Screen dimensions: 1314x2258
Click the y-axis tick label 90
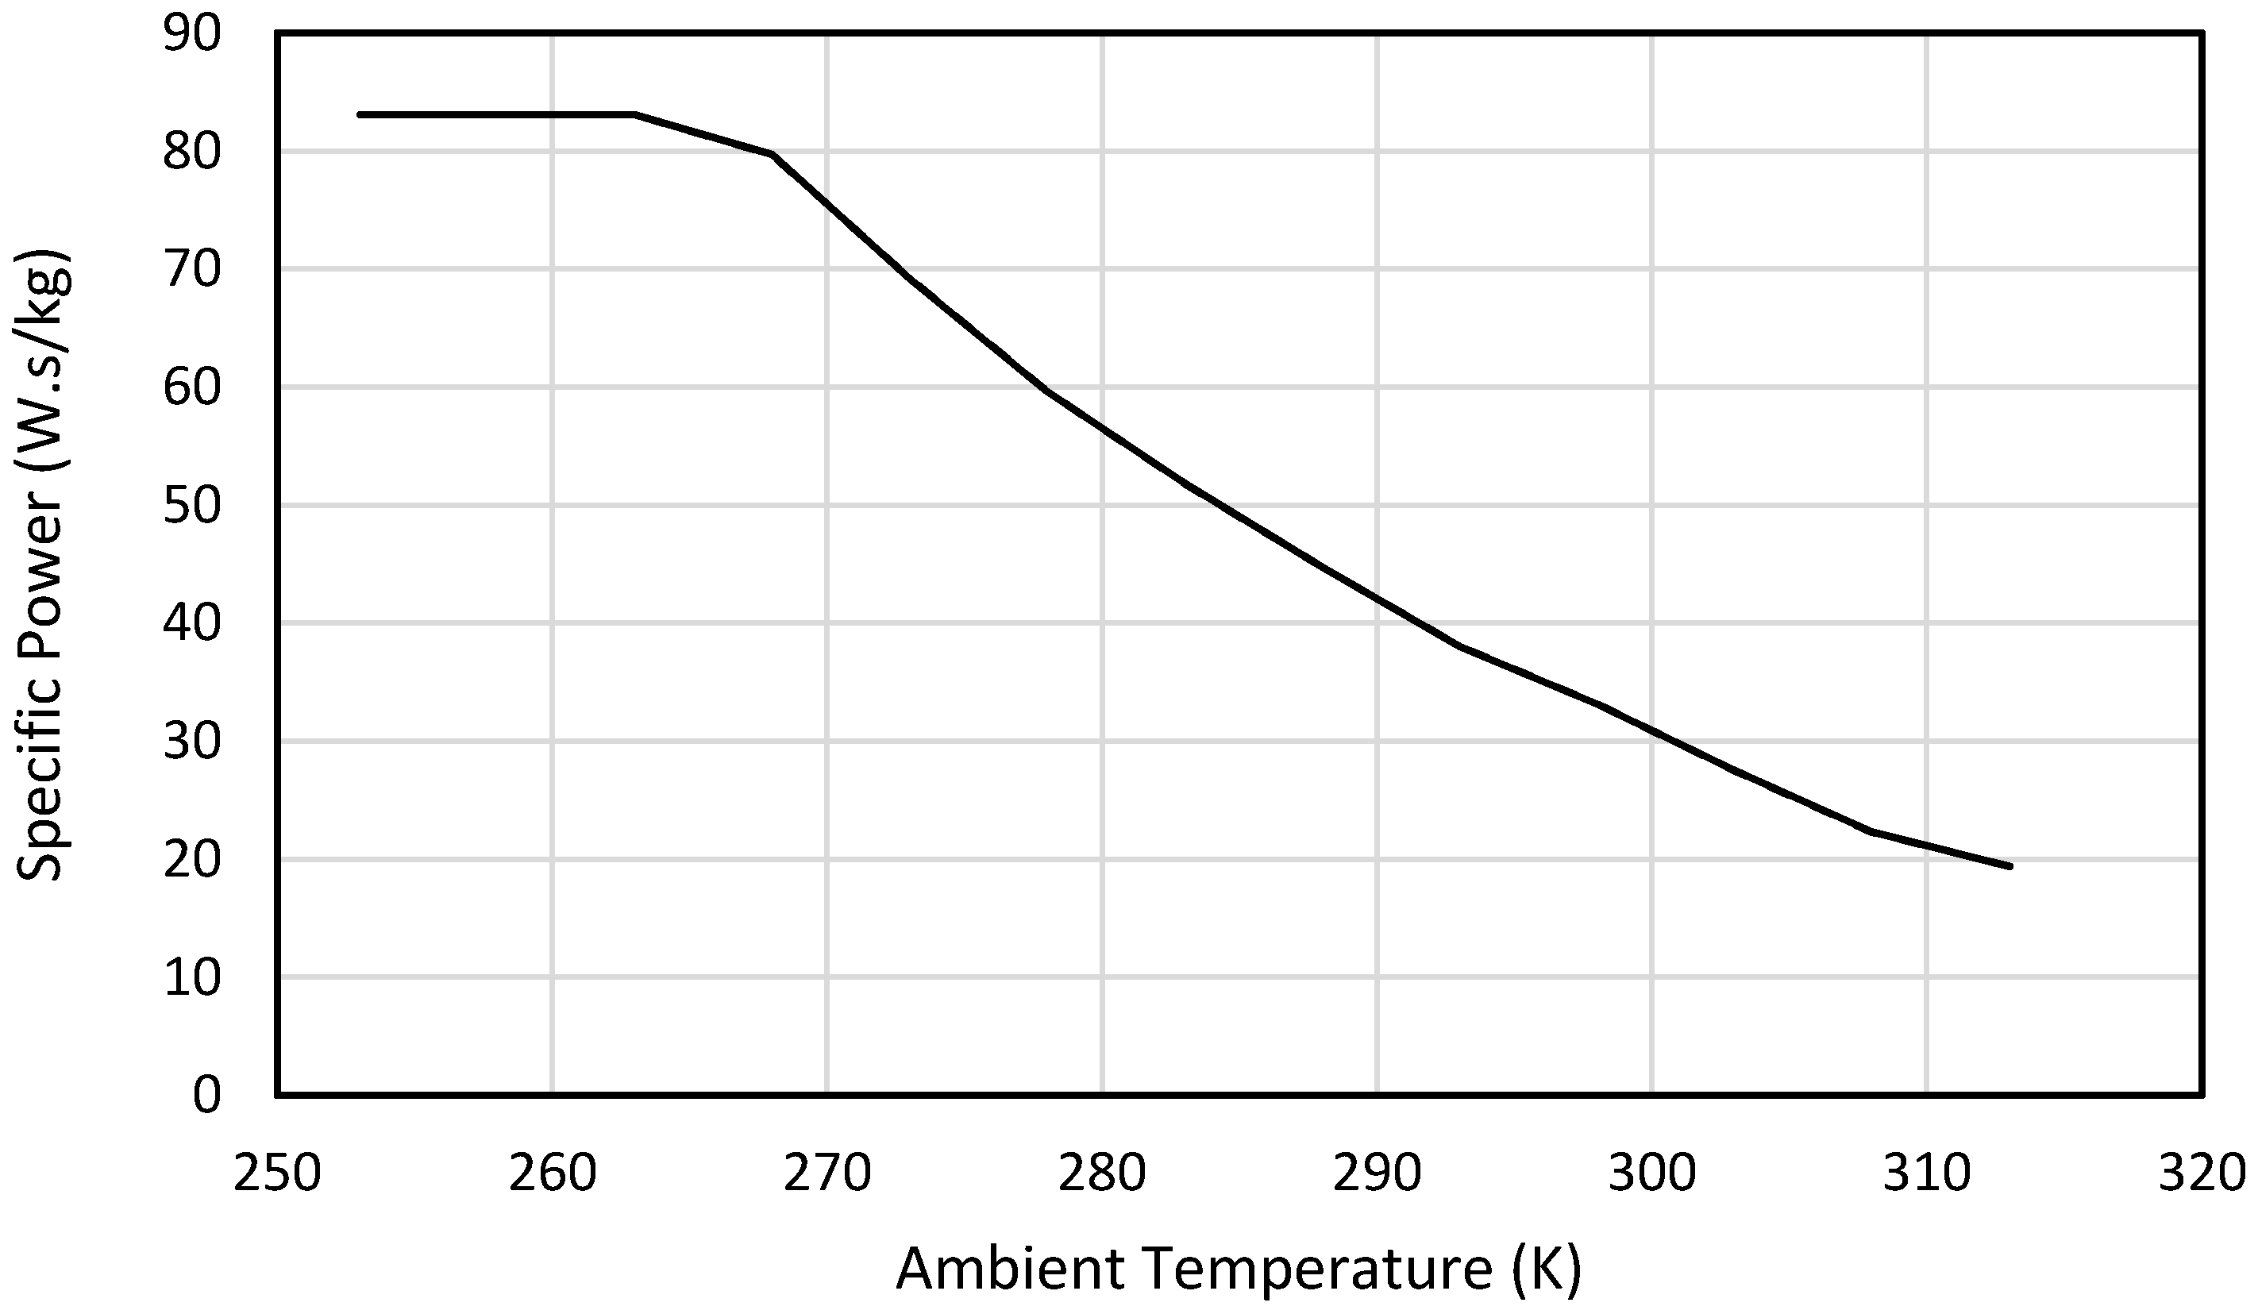point(192,36)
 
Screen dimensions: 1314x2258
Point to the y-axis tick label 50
point(192,507)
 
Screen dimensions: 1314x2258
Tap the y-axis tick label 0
point(206,1096)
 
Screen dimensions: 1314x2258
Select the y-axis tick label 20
point(192,861)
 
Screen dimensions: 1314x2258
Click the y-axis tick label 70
point(192,270)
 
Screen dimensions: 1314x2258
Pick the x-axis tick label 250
point(277,1173)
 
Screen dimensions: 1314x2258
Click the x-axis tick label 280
point(1102,1173)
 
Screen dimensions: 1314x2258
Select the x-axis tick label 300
point(1651,1173)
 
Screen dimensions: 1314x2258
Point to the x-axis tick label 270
point(827,1173)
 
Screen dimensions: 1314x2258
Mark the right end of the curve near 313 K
point(2011,867)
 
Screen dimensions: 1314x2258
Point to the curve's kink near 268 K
point(773,155)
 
